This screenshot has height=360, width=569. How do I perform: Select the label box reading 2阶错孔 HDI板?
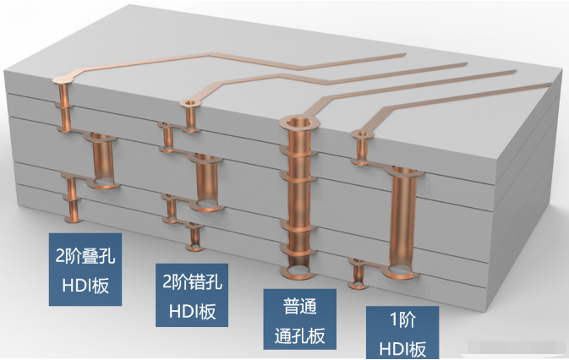tap(192, 292)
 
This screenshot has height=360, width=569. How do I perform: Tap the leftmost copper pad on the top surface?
tap(63, 81)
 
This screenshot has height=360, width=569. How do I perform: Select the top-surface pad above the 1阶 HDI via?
tap(364, 135)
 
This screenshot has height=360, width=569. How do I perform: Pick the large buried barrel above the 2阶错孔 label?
tap(208, 181)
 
